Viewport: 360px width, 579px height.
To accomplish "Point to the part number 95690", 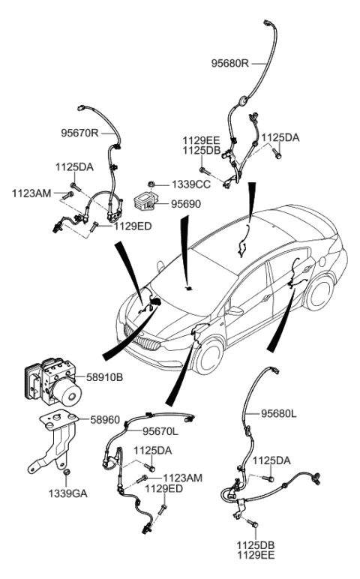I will [185, 202].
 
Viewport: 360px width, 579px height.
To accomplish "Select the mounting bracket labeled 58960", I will [58, 442].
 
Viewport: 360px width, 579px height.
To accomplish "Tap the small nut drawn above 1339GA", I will [67, 472].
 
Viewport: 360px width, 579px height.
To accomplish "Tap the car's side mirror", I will [235, 310].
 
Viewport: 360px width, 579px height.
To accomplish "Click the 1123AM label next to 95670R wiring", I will [31, 193].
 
